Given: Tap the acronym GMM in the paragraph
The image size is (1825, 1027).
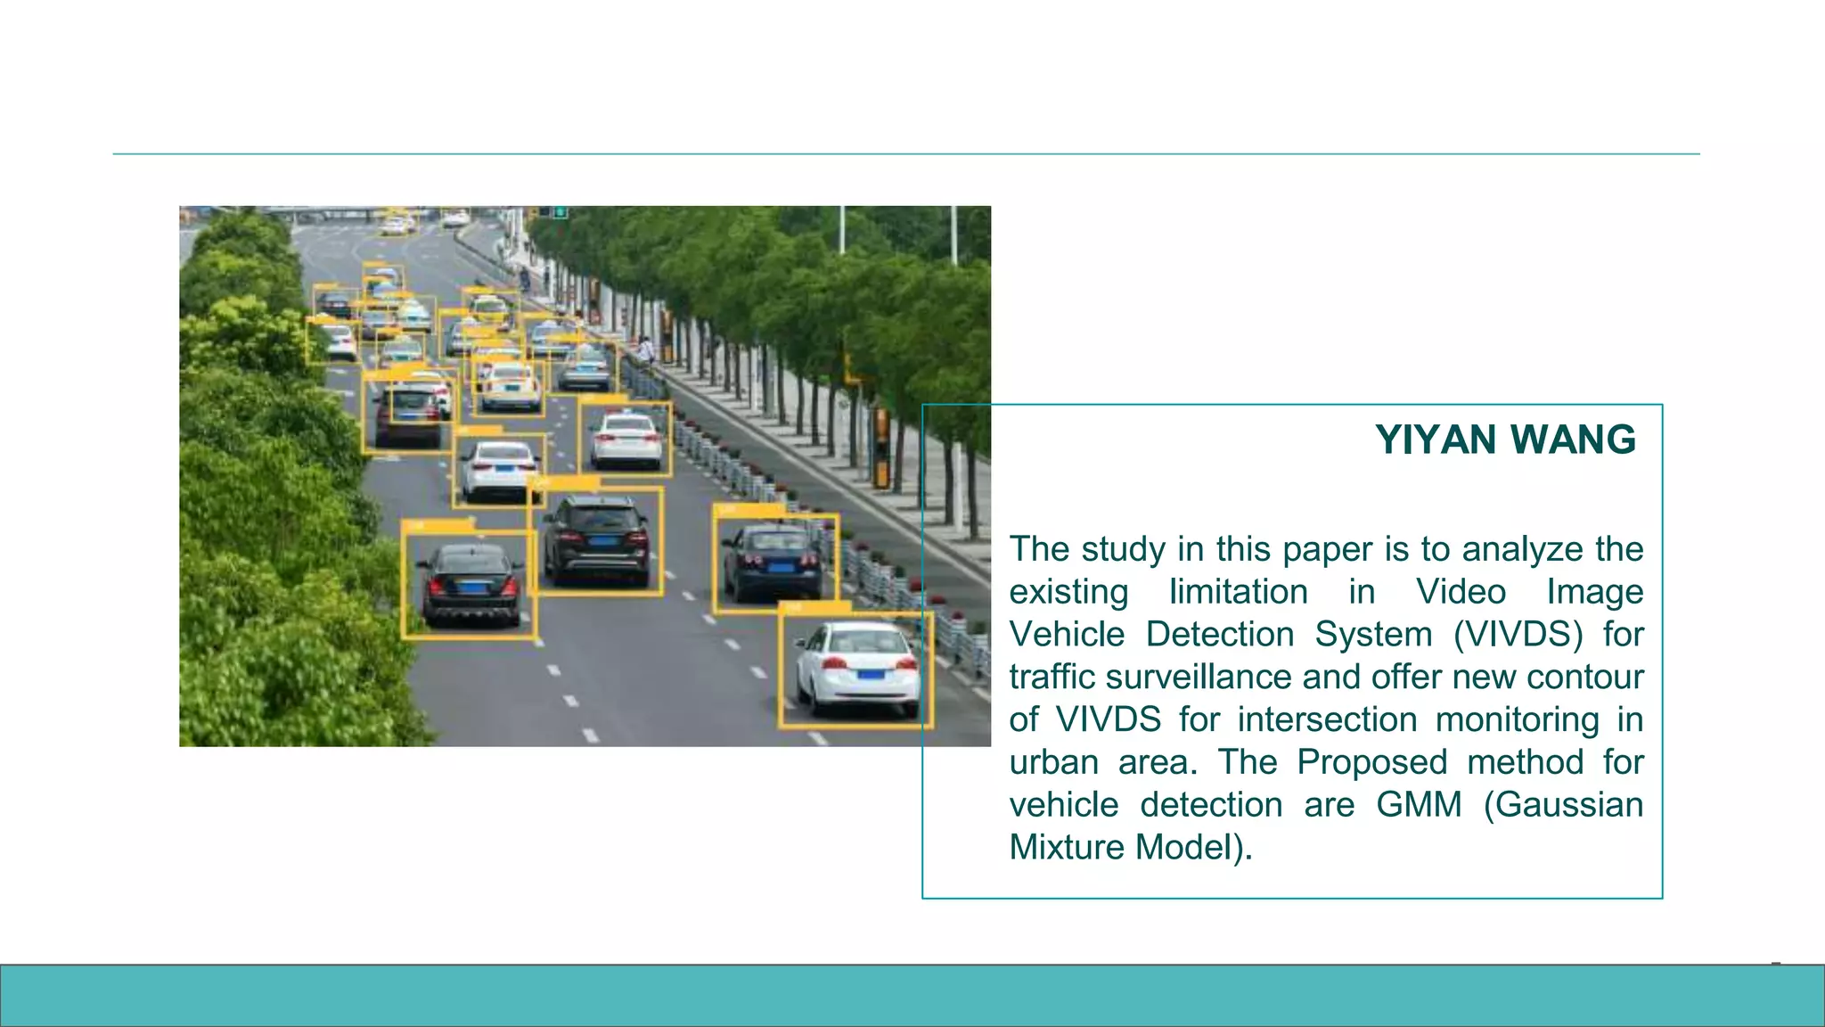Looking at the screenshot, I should tap(1419, 804).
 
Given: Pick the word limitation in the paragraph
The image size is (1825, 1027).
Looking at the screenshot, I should tap(1238, 592).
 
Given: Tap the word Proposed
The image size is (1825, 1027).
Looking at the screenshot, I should tap(1371, 762).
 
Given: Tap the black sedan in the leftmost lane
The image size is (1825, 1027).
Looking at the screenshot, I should tap(470, 584).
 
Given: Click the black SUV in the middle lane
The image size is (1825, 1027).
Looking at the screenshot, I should tap(596, 538).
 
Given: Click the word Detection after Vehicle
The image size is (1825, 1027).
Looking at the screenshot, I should tap(1219, 635).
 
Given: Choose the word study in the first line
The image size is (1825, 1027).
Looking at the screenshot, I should tap(1123, 549).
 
